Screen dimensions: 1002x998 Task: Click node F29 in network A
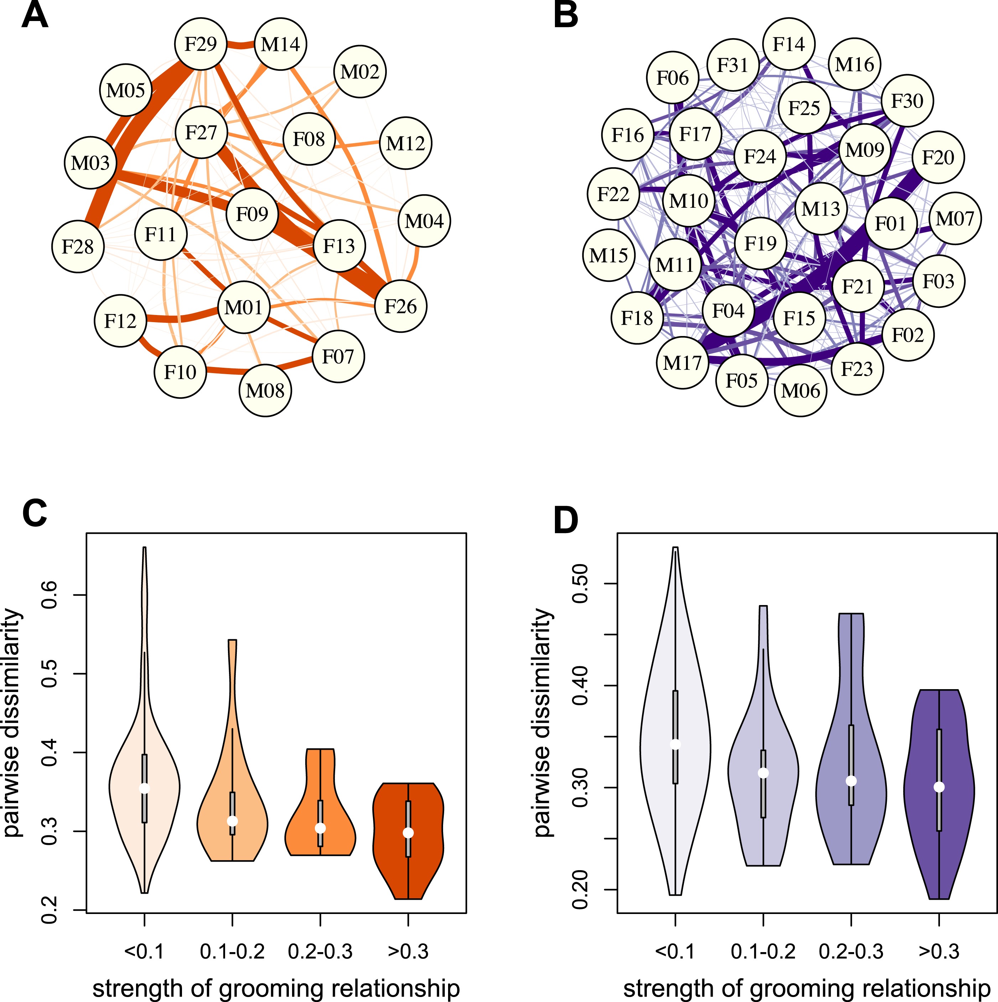pos(201,44)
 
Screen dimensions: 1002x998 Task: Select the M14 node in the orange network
pos(280,45)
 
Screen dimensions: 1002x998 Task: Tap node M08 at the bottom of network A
pos(265,390)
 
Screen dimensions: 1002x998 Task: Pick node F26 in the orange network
pos(401,306)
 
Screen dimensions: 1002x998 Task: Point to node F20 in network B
pos(938,157)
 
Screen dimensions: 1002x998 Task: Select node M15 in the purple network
pos(609,255)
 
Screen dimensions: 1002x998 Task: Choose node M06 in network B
pos(800,390)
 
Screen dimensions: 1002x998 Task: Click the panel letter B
pos(566,16)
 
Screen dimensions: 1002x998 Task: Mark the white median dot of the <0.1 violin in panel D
pos(675,744)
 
